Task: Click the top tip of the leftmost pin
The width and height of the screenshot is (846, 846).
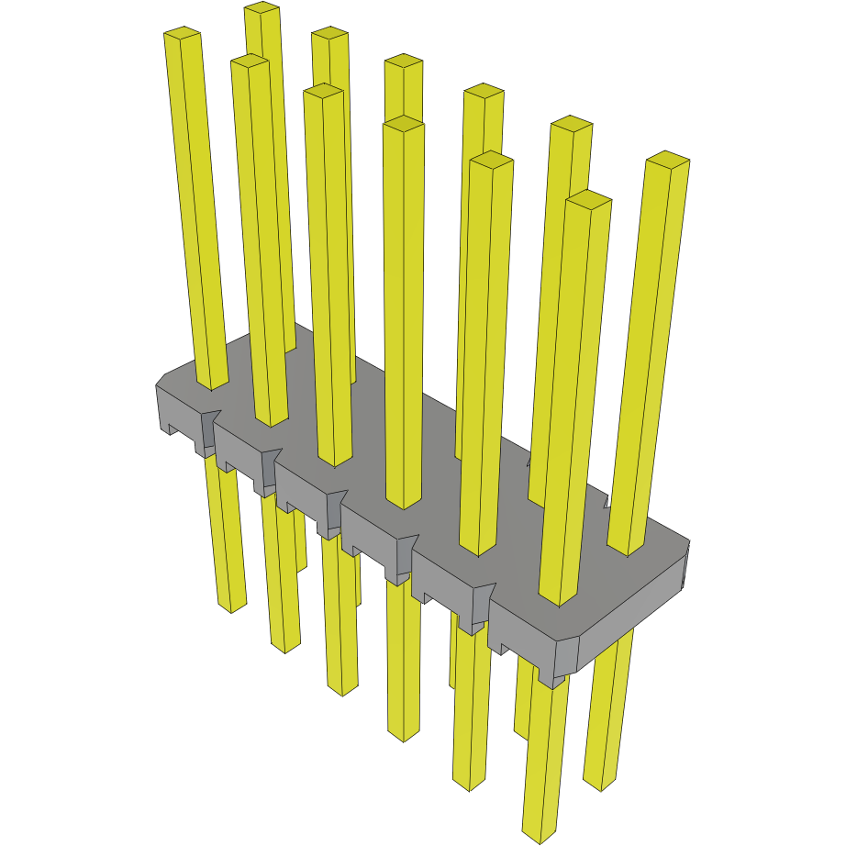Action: [x=183, y=35]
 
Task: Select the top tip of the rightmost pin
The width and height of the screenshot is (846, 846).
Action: [x=667, y=159]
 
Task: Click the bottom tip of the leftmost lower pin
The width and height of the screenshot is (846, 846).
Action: [x=231, y=607]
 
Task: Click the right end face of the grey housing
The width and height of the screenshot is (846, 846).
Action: [x=687, y=564]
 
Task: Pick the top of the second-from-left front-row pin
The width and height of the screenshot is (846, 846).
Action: [x=249, y=61]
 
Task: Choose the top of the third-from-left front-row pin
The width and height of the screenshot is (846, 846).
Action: [x=323, y=91]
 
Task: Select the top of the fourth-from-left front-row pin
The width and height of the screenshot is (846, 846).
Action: [x=404, y=123]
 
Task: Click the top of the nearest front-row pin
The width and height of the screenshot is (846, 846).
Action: [x=588, y=198]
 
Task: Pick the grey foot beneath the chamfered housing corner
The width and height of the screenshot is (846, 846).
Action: [x=551, y=680]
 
